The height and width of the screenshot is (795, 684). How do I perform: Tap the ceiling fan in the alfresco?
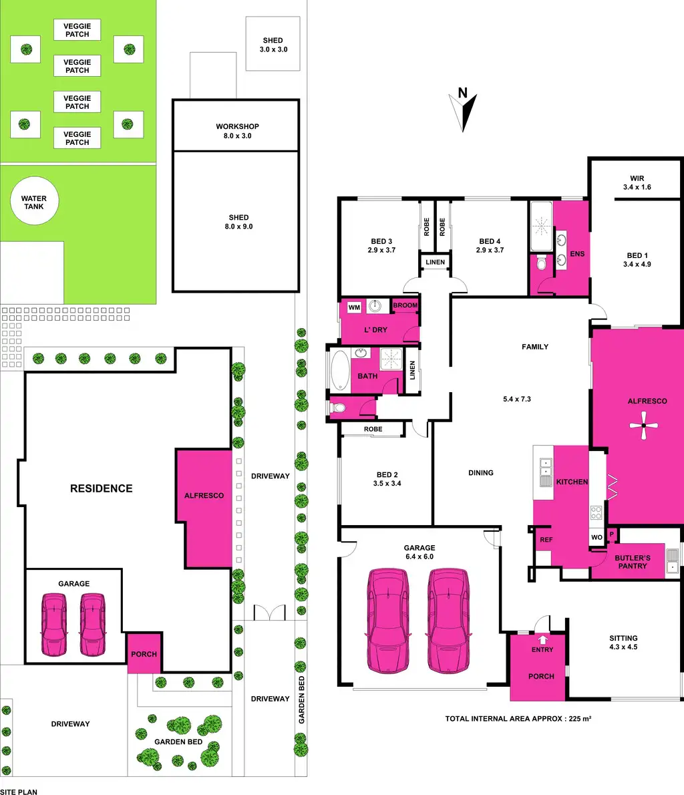643,425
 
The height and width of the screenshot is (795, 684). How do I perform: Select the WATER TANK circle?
34,202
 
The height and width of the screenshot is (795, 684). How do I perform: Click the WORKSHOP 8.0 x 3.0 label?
237,131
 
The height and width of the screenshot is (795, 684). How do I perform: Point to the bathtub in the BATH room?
341,371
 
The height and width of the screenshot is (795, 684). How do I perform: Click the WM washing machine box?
354,307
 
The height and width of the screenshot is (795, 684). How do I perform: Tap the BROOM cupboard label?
405,305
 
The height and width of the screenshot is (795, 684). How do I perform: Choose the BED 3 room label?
381,246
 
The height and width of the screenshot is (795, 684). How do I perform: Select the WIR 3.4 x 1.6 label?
637,183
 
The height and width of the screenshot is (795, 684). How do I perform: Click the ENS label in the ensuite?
577,254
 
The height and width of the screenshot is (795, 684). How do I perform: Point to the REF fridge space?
546,540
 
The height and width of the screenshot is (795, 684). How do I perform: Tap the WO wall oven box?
596,537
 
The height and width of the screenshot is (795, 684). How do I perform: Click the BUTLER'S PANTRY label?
632,562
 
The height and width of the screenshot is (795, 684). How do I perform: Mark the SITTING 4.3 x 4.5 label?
623,642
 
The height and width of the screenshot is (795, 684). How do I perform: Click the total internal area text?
518,719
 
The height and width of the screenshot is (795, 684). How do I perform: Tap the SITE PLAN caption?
19,792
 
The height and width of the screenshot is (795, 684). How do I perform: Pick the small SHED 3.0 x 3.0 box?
273,45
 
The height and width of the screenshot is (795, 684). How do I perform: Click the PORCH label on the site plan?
144,654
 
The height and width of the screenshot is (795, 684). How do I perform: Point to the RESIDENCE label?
102,488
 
